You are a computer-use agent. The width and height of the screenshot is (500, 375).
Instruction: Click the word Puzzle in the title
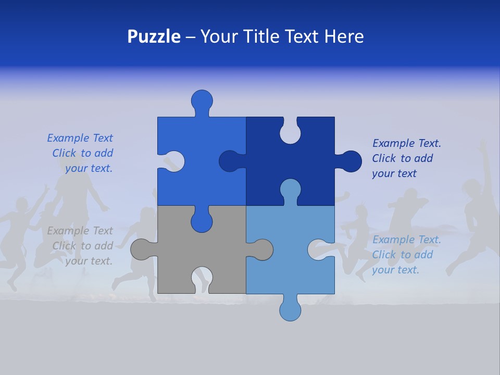coord(154,36)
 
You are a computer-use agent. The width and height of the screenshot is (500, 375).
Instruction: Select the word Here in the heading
coord(344,36)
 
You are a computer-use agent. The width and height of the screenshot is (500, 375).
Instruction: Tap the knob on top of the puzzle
coord(202,100)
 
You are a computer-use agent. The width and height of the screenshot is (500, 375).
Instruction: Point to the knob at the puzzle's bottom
coord(290,309)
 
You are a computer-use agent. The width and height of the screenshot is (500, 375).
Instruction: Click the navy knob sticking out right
coord(351,161)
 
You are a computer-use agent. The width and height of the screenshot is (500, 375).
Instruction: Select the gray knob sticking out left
coord(141,249)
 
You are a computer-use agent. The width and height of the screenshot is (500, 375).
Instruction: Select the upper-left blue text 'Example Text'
coord(80,138)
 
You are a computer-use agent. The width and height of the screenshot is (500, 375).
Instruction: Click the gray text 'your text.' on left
coord(89,261)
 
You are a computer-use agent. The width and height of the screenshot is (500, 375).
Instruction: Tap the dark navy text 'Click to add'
coord(402,158)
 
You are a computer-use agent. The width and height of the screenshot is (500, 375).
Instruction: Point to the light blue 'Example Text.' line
coord(406,240)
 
